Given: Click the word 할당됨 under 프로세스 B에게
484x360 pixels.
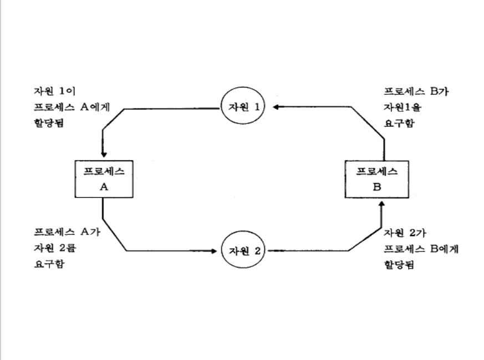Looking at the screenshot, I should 398,265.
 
